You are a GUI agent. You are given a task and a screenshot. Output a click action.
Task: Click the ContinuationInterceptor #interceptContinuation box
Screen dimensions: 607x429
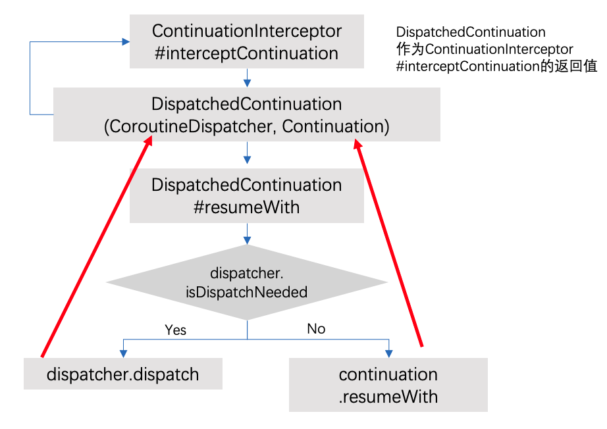247,41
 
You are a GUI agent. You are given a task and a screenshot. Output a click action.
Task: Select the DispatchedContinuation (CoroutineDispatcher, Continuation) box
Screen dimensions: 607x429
247,114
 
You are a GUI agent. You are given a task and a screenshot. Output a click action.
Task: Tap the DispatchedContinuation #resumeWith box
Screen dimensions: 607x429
247,195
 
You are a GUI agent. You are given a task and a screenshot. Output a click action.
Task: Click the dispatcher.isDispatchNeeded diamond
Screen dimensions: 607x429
247,282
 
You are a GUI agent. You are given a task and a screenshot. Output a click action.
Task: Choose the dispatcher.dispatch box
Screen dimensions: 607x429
123,374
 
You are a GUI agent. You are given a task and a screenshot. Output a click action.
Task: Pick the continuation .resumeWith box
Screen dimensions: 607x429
388,385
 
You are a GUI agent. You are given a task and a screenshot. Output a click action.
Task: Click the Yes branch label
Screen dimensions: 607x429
175,330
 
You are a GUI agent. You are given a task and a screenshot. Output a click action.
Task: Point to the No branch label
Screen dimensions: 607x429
316,329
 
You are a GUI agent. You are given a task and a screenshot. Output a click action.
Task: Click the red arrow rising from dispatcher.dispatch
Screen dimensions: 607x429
97,247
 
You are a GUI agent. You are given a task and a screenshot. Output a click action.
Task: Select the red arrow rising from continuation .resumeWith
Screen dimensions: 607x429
388,243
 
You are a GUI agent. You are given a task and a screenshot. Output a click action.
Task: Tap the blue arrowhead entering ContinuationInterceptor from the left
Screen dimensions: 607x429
126,41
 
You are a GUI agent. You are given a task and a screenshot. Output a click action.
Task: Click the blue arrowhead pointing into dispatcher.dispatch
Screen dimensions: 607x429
124,353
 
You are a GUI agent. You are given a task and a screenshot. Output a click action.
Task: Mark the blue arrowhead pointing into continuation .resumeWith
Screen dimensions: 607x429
389,353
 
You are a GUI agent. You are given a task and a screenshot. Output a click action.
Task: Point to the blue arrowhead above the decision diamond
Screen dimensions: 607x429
247,240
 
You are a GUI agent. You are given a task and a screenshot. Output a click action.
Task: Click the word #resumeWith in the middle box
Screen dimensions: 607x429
247,207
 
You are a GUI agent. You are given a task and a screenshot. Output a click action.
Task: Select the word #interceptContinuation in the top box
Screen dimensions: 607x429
247,53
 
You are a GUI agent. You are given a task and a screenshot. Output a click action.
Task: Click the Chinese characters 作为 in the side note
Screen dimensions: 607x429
410,49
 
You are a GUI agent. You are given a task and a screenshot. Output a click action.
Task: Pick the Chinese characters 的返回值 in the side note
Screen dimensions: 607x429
569,66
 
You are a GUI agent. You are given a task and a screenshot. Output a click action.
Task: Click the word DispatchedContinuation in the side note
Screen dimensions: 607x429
471,32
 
